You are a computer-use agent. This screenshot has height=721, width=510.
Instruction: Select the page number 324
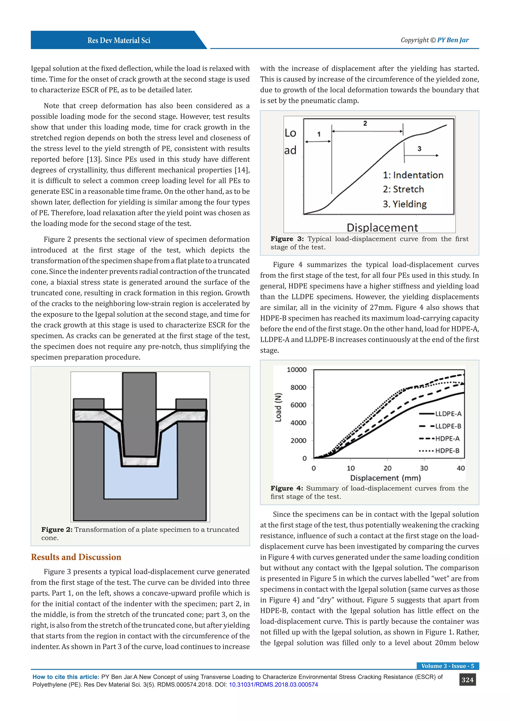pos(467,680)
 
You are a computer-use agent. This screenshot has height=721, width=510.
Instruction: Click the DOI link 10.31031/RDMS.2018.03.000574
pos(273,685)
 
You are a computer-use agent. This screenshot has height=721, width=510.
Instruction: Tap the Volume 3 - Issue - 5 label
pos(447,666)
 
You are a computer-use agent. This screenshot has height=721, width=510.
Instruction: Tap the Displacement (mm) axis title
pos(385,478)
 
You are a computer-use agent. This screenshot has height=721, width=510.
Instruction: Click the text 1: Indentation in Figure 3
pos(413,175)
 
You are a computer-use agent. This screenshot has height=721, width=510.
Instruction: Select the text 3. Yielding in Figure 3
pos(404,204)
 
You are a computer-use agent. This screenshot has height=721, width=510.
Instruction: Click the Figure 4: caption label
pos(286,488)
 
